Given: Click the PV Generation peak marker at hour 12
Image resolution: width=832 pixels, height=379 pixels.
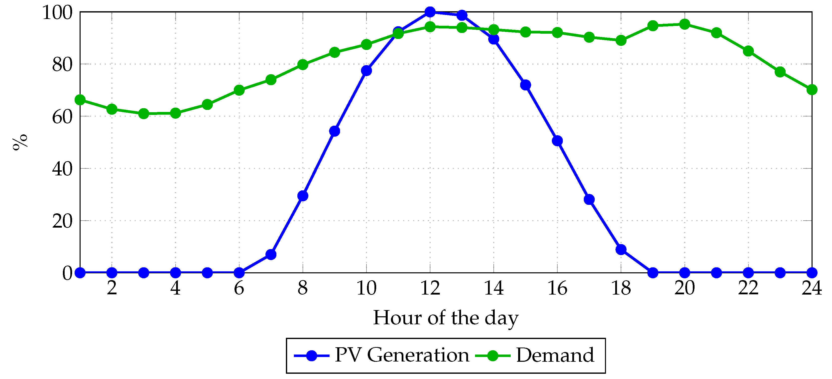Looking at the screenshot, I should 430,12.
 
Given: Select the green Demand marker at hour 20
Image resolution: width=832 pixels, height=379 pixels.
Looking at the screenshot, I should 684,24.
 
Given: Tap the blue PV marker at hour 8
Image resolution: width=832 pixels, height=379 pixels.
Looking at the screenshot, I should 303,196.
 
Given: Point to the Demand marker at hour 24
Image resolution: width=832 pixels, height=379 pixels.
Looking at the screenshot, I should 812,90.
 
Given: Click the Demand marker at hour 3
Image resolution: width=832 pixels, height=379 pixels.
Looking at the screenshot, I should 143,113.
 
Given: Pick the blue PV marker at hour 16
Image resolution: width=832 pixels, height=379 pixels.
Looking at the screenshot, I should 557,141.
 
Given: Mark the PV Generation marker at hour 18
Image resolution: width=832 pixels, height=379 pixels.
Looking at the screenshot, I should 621,249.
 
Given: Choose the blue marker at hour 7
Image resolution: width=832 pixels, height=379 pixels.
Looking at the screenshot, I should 271,255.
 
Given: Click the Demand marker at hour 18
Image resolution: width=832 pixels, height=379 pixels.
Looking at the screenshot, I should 621,40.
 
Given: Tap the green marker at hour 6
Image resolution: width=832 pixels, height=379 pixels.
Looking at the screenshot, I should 239,90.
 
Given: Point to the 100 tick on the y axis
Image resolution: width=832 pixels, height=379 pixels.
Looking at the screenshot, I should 57,13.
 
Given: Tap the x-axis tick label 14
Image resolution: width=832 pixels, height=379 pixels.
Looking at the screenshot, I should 493,288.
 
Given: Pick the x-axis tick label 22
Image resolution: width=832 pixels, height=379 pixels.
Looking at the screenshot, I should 748,288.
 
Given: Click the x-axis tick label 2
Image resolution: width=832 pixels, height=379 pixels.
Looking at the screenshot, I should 112,288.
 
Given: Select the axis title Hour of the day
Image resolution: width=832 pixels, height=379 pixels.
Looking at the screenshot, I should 446,318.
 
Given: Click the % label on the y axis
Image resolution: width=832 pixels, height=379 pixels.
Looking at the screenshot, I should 20,142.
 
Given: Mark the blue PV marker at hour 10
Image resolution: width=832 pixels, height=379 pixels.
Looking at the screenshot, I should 366,70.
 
